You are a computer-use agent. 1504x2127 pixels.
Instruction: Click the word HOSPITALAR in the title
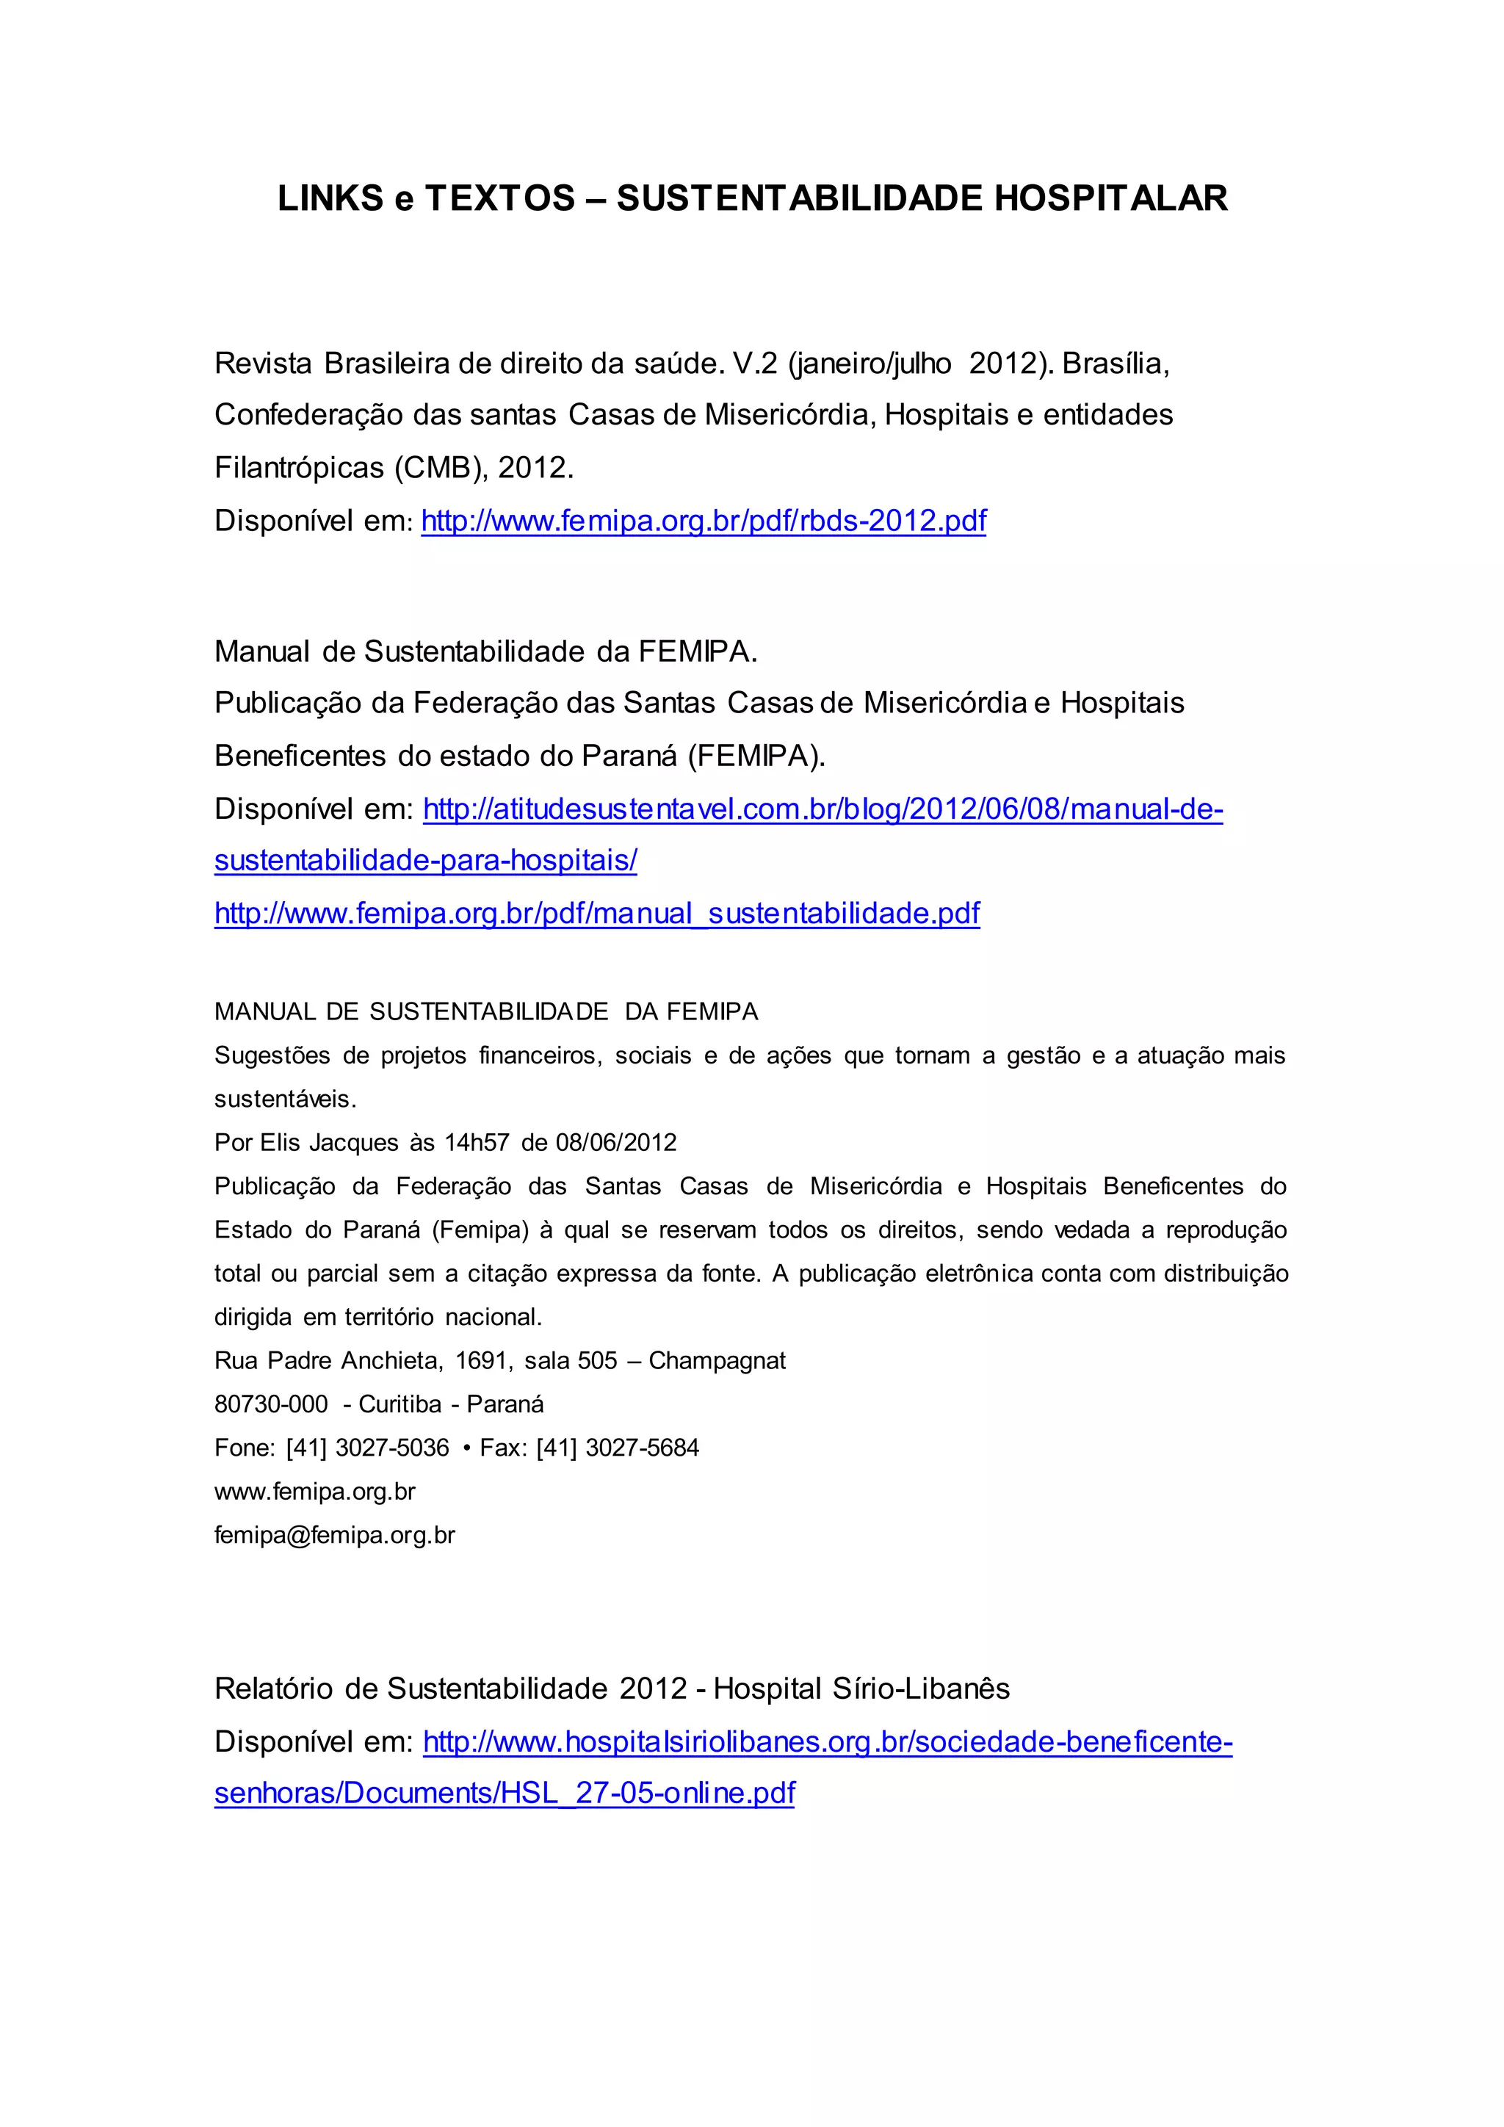tap(1110, 198)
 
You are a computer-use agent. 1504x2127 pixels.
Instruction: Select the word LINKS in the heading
tap(330, 198)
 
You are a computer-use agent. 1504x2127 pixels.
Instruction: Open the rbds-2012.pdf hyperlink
tap(703, 521)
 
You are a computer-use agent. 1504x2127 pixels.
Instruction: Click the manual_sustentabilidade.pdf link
tap(596, 914)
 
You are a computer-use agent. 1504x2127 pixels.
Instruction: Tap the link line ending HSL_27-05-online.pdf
tap(504, 1793)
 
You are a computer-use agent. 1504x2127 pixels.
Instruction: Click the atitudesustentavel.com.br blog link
tap(822, 809)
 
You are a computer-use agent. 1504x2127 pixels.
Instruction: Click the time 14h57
tap(476, 1142)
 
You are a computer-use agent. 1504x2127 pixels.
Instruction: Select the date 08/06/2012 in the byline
tap(616, 1142)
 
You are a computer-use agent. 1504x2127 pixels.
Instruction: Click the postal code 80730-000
tap(270, 1404)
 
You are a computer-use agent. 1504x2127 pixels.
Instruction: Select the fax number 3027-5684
tap(642, 1447)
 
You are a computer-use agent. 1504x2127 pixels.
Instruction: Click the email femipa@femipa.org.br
tap(334, 1534)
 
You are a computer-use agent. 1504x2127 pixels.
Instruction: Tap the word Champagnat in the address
tap(717, 1360)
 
